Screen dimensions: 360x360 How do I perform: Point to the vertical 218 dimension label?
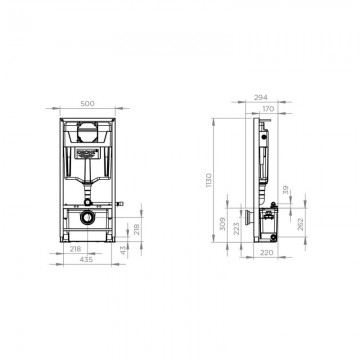(x=137, y=230)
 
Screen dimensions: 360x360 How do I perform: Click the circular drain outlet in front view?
(x=88, y=217)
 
